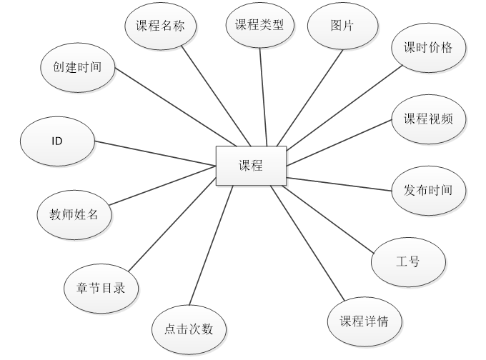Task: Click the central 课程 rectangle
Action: [x=251, y=167]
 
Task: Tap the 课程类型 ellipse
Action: [x=259, y=26]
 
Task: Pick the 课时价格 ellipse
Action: [x=428, y=49]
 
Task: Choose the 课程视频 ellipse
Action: [x=428, y=119]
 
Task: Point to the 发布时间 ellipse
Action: [x=428, y=190]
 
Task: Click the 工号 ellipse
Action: [x=407, y=261]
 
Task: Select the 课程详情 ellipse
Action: [x=364, y=321]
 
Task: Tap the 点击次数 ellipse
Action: [x=189, y=330]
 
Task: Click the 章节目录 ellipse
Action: [x=101, y=289]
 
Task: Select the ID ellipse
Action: [x=57, y=141]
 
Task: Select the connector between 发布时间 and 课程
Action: [x=339, y=184]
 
